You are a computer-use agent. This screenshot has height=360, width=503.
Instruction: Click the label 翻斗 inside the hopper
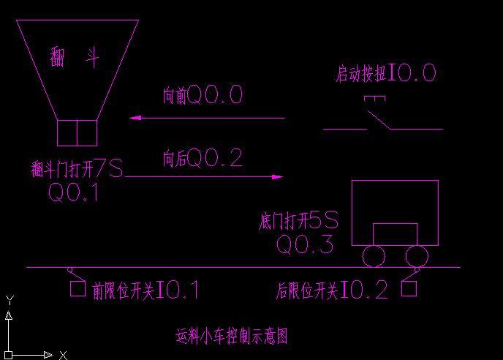[75, 57]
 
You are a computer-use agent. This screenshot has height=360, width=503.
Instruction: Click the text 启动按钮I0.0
[386, 73]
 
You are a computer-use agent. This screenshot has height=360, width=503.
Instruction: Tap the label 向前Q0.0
[203, 94]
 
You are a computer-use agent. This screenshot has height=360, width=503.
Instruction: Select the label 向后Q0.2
[203, 157]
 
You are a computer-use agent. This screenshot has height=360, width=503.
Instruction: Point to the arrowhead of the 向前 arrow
[135, 118]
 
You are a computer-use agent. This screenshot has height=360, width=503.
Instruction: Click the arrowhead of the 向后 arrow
[278, 176]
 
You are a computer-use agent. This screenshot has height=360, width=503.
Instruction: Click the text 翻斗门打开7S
[77, 169]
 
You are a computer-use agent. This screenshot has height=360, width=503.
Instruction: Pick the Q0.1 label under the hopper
[73, 192]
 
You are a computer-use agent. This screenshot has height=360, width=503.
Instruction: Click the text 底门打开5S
[298, 220]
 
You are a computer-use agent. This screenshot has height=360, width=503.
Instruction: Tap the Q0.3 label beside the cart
[305, 244]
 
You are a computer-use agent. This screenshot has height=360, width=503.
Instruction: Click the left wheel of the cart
[374, 256]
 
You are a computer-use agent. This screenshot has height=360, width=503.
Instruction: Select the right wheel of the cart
[417, 256]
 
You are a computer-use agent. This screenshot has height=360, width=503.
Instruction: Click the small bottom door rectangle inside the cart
[396, 223]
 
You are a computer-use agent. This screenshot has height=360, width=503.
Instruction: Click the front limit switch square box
[78, 288]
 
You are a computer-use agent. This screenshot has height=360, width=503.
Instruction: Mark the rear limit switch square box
[409, 288]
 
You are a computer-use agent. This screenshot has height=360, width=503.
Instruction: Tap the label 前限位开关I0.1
[145, 290]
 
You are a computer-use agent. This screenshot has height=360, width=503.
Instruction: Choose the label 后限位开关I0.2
[332, 290]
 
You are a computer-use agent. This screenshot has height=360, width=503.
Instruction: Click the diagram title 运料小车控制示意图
[231, 337]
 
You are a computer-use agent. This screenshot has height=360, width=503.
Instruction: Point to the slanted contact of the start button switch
[379, 120]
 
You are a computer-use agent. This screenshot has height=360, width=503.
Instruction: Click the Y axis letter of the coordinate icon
[10, 300]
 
